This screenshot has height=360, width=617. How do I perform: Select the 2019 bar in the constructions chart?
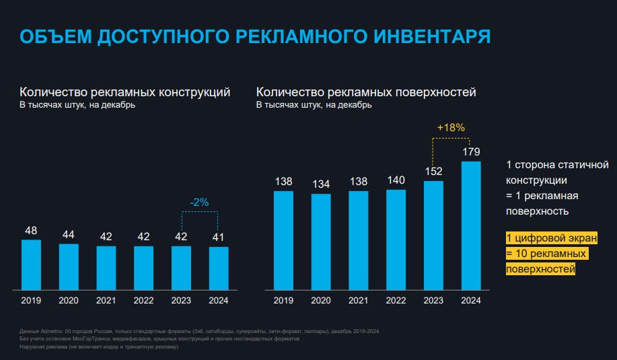point(31,264)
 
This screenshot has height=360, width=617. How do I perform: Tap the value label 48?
point(31,231)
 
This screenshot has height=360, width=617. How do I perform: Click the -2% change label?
point(200,201)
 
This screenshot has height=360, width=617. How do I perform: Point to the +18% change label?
point(450,127)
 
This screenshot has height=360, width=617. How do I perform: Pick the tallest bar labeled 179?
point(471,225)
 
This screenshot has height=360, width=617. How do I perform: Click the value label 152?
point(433,171)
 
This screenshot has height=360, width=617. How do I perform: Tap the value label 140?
point(396,180)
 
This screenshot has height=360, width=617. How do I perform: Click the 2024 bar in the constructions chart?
point(219,267)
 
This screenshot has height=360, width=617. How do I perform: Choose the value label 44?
point(69,234)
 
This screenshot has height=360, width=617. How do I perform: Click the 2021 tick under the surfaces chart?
point(359,300)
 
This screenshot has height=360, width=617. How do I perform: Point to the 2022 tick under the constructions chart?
point(143,300)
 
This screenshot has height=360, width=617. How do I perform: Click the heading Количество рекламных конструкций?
point(125,92)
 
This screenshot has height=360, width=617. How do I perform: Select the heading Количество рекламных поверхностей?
point(366,92)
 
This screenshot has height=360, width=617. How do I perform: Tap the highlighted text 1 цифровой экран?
point(551,238)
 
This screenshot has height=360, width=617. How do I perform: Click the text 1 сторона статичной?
point(556,165)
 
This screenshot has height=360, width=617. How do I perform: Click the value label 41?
point(219,237)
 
